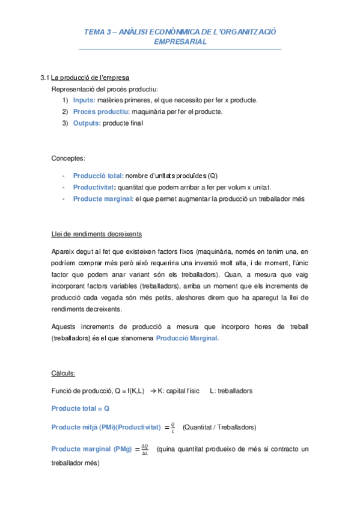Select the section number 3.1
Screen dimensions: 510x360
(x=44, y=78)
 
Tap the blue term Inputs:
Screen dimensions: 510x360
(x=84, y=100)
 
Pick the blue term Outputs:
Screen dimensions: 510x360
(x=87, y=123)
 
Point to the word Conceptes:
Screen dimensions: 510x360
(x=69, y=158)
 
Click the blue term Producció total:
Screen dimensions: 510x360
(x=99, y=176)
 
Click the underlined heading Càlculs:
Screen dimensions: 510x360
(x=63, y=373)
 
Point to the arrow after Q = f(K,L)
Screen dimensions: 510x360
(x=152, y=391)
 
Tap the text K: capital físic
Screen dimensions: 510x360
(x=178, y=391)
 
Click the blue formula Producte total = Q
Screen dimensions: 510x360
(x=80, y=408)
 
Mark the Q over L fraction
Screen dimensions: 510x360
(x=173, y=427)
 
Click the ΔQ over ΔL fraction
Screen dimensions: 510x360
(x=144, y=449)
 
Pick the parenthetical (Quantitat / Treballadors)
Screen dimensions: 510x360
(x=219, y=428)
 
